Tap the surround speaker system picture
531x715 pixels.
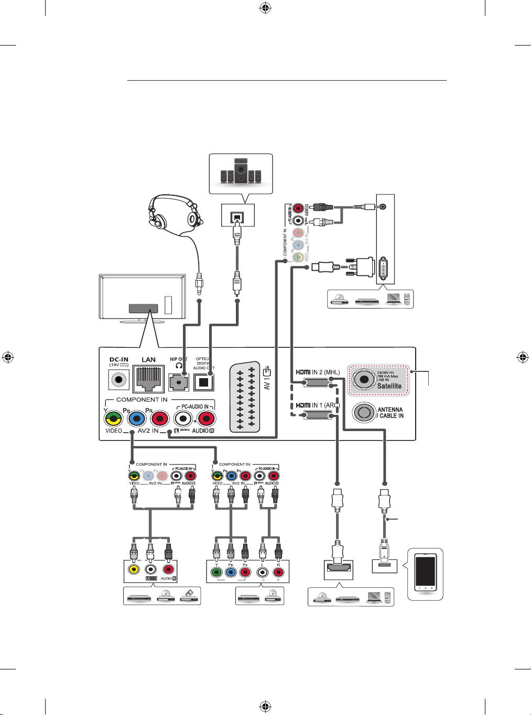click(x=241, y=173)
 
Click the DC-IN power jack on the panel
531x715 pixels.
click(x=118, y=379)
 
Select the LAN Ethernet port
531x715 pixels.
click(x=149, y=379)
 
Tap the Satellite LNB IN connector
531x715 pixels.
click(x=363, y=378)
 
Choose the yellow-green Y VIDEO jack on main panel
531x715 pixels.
click(x=112, y=418)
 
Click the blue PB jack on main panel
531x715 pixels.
click(x=136, y=418)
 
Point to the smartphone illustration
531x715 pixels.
click(x=425, y=574)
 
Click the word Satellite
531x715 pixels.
click(x=389, y=386)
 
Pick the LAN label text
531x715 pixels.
click(x=149, y=360)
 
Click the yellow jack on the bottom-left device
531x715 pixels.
click(x=134, y=570)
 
